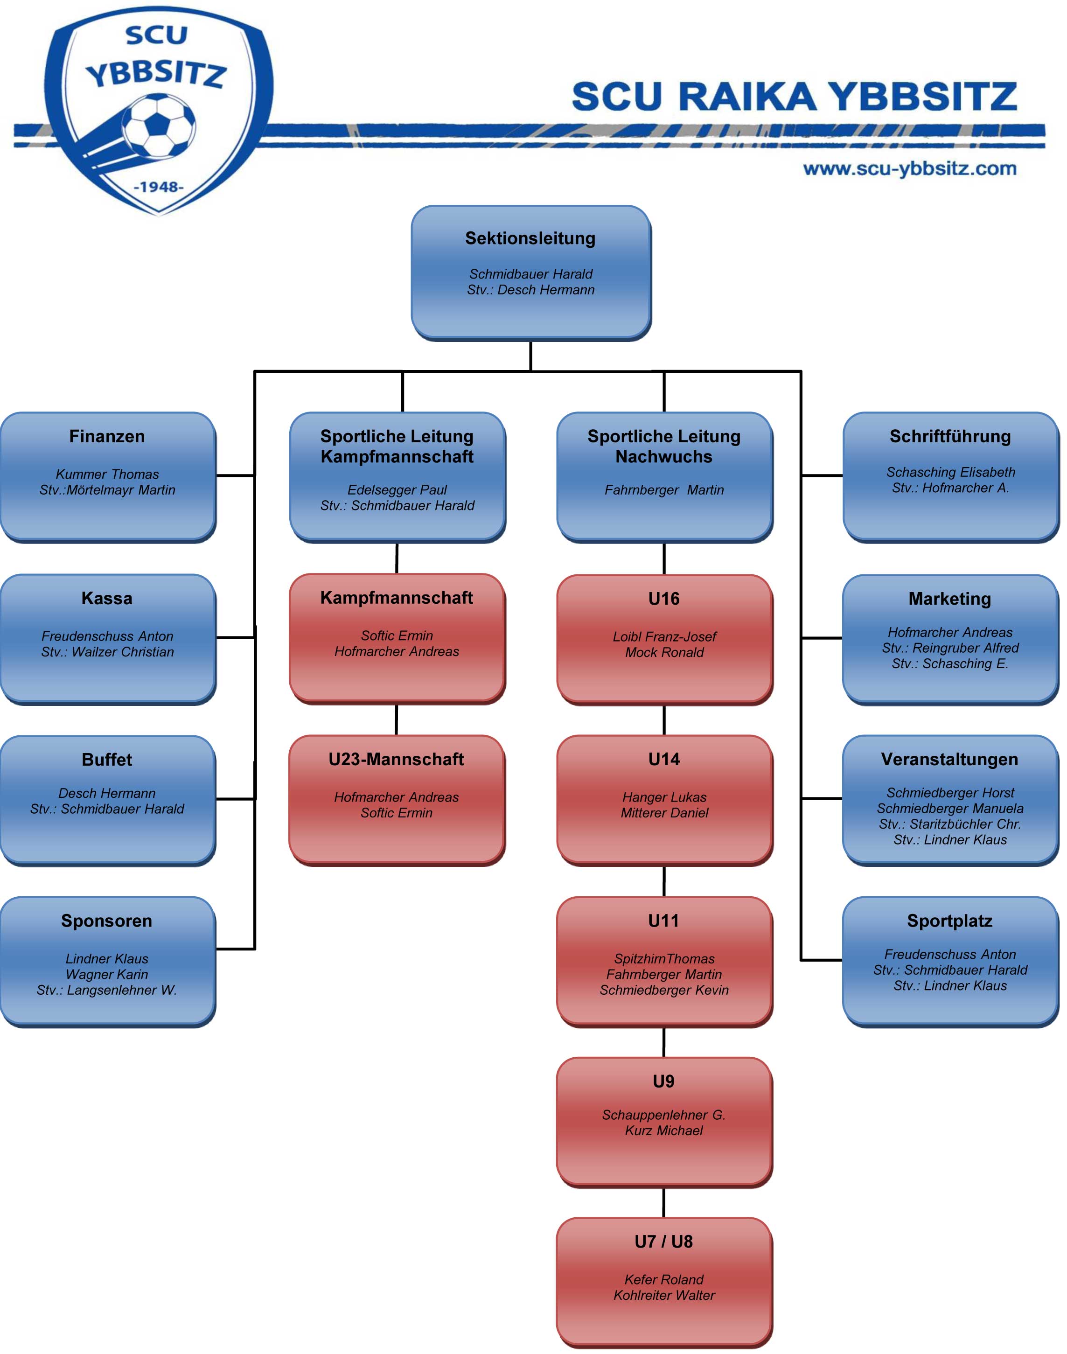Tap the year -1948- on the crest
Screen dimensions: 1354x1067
159,187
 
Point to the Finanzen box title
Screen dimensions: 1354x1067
107,436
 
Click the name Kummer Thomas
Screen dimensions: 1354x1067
107,474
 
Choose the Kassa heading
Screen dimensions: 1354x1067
107,599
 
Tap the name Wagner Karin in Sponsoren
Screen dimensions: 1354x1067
107,974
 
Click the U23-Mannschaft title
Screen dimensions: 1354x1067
396,759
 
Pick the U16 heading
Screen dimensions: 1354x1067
663,599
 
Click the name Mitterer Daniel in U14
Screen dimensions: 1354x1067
664,813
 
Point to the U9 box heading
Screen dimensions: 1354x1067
663,1081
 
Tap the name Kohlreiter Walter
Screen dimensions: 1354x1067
664,1295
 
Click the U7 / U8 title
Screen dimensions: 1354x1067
663,1242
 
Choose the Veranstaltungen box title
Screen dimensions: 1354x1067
949,759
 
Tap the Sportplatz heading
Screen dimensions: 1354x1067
949,921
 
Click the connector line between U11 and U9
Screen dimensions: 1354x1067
663,1041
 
